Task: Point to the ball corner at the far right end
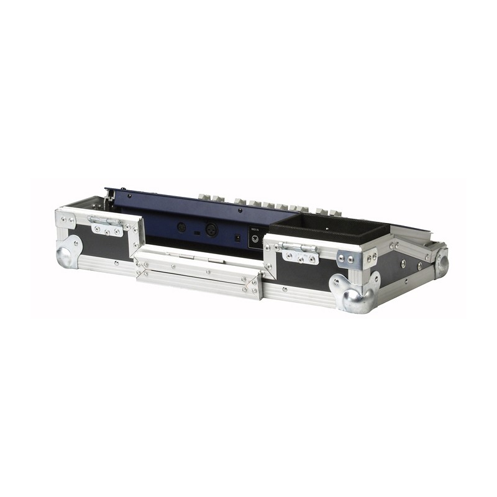click(441, 262)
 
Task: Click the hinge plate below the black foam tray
click(300, 252)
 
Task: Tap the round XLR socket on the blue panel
click(211, 229)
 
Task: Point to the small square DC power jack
click(237, 237)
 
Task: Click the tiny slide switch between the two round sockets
click(196, 232)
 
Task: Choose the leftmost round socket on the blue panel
click(181, 227)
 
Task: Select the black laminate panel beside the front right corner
click(304, 273)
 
